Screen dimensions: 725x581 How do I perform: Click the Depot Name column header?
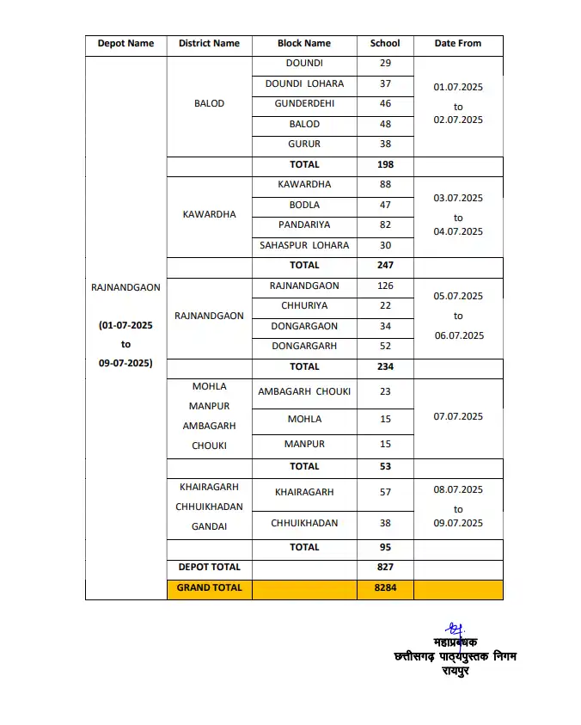[x=125, y=44]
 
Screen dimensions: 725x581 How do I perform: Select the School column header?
[x=385, y=44]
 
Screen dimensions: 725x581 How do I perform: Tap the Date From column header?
[x=458, y=44]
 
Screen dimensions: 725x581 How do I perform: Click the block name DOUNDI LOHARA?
[x=304, y=84]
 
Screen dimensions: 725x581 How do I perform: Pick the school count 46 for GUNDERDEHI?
[x=385, y=104]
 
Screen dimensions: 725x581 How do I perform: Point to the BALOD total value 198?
[x=385, y=164]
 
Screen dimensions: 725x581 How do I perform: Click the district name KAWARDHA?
[x=209, y=214]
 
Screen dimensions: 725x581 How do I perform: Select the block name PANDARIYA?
[x=304, y=225]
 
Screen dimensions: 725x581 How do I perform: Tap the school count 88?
[x=385, y=185]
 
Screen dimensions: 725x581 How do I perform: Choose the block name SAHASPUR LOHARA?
[x=304, y=246]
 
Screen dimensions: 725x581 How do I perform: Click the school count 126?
[x=385, y=286]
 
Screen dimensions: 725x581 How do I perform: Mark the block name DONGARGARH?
[x=304, y=347]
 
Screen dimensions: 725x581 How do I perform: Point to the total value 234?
[x=385, y=367]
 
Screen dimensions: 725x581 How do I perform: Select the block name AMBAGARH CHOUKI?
[x=304, y=392]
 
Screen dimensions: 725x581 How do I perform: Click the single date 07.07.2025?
[x=458, y=417]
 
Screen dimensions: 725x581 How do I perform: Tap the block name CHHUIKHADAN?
[x=304, y=524]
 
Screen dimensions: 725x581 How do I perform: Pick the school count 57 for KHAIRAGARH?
[x=385, y=493]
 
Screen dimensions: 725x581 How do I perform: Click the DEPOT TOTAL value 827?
[x=385, y=568]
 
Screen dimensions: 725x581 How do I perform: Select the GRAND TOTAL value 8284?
[x=385, y=589]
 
